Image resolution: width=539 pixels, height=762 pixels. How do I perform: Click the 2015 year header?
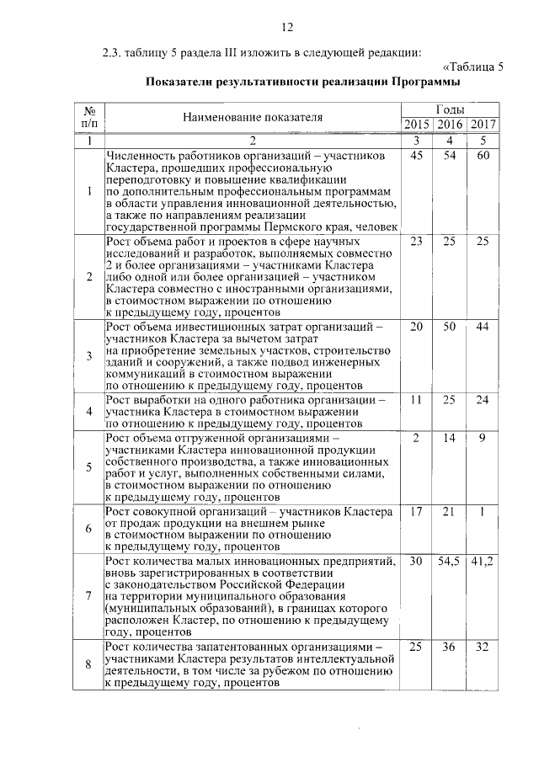416,125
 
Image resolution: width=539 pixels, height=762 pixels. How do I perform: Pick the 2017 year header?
483,125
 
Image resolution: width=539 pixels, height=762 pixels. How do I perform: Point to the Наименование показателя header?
253,118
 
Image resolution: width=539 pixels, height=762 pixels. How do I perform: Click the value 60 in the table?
483,157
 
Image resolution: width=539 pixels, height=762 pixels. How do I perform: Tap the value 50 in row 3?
450,326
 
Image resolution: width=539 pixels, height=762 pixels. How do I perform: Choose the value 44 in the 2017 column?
483,326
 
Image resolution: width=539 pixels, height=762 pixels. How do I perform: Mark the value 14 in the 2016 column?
450,438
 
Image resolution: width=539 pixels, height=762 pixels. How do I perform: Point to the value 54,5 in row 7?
450,560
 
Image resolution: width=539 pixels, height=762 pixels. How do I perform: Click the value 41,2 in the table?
483,560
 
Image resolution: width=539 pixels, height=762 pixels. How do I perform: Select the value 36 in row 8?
450,647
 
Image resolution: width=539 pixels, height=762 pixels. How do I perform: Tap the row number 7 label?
88,595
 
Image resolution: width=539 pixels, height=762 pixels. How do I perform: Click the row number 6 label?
88,528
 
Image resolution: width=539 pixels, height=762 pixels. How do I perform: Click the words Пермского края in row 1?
324,227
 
